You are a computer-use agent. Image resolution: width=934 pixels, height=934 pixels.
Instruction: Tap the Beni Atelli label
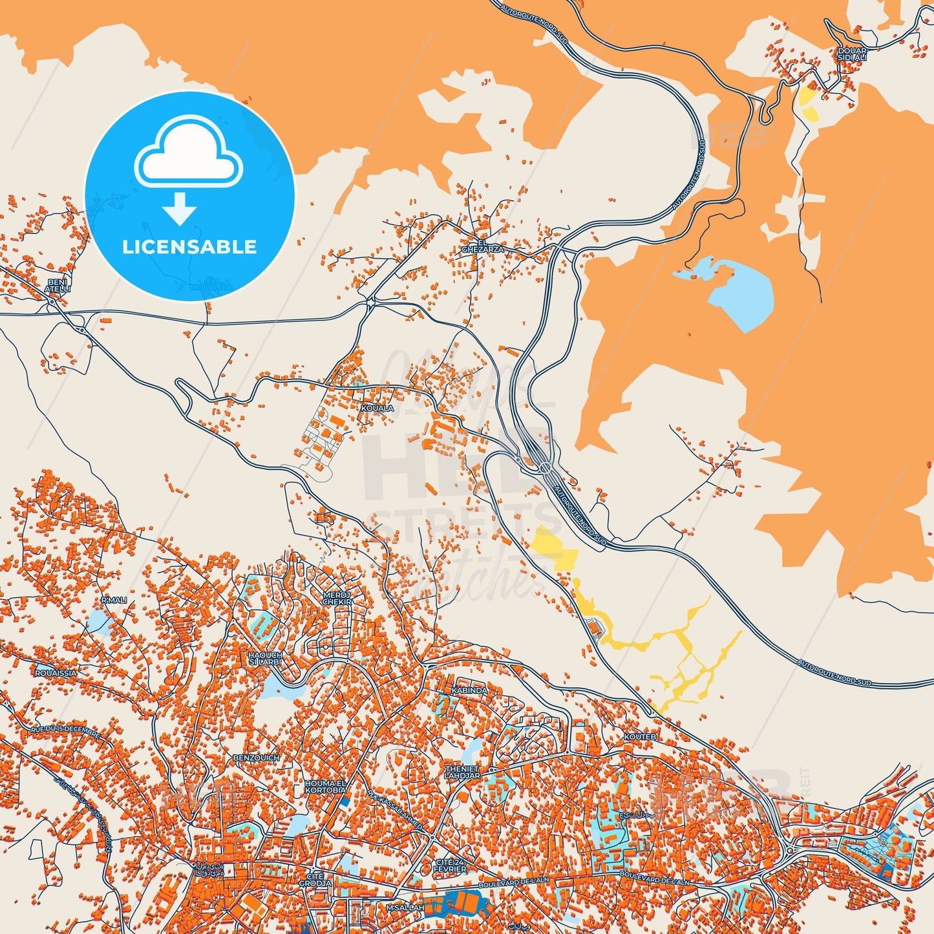click(58, 286)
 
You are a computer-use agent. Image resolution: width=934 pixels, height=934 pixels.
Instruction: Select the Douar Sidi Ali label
click(851, 54)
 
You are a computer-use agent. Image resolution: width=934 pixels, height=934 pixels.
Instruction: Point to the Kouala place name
click(377, 409)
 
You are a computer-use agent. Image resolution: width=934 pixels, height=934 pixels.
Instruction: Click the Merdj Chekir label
click(337, 598)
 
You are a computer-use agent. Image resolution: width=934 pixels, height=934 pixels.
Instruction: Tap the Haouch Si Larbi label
click(265, 659)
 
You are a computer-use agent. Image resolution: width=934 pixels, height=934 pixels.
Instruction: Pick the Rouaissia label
click(56, 673)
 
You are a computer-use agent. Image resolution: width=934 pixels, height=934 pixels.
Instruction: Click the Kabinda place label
click(469, 690)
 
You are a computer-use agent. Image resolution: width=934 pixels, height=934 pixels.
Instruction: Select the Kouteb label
click(640, 737)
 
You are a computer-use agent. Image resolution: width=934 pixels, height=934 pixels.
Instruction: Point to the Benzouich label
click(256, 758)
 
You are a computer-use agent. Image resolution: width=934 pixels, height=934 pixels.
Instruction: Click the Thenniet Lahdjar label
click(462, 772)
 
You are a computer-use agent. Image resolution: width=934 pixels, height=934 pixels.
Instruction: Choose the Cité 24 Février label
click(451, 866)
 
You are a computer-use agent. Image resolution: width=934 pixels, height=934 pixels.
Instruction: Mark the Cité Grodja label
click(315, 879)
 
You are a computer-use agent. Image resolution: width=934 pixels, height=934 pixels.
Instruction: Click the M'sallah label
click(405, 908)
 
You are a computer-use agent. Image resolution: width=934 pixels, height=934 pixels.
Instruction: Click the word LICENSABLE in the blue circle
click(189, 247)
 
